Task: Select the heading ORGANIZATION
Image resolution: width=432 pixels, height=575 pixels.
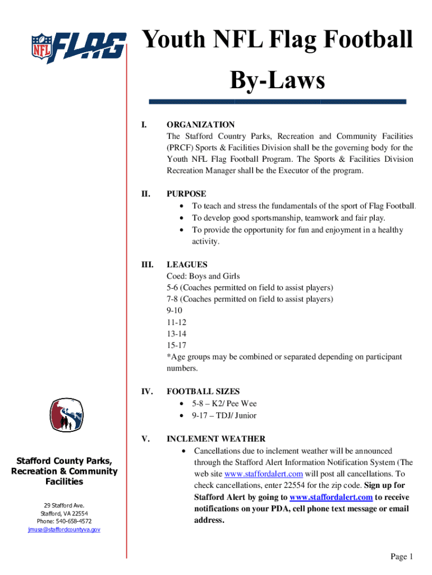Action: click(200, 125)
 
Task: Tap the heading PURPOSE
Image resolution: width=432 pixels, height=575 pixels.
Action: click(186, 194)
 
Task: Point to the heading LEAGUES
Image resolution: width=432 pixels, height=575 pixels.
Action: click(187, 264)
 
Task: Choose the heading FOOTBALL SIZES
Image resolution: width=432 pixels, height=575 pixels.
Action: click(203, 391)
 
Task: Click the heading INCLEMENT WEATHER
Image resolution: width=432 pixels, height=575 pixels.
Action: click(216, 439)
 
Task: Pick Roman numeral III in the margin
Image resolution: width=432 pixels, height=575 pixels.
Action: click(146, 264)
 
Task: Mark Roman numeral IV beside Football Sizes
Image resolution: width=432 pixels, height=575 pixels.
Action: click(146, 391)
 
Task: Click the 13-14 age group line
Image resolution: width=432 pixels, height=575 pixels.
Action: click(176, 334)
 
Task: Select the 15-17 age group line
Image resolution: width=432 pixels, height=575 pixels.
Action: click(176, 345)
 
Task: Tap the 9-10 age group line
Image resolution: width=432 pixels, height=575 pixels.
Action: click(174, 311)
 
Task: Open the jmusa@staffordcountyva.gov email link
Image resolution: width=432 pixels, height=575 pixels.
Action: click(65, 530)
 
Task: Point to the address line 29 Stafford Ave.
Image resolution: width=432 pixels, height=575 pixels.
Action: click(65, 506)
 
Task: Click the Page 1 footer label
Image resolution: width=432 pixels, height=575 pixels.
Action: click(402, 556)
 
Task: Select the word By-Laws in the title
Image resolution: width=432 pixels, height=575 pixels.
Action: click(277, 81)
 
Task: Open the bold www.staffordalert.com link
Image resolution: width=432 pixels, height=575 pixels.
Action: click(331, 498)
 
